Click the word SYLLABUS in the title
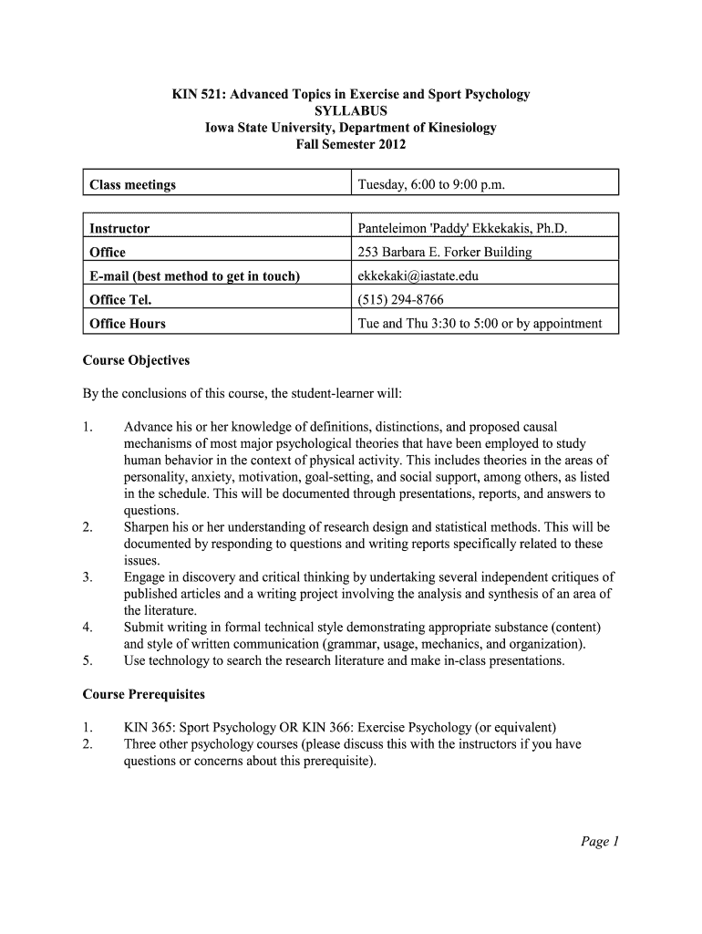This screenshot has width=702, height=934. (351, 111)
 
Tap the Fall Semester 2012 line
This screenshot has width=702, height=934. (351, 144)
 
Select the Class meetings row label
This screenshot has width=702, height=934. (132, 185)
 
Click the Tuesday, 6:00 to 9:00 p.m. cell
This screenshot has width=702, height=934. (431, 185)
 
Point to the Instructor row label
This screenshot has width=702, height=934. (119, 229)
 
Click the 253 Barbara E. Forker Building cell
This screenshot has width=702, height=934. (445, 253)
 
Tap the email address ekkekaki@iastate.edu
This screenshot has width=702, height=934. (418, 276)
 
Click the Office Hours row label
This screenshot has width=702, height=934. (128, 324)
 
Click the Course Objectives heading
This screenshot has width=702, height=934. (136, 360)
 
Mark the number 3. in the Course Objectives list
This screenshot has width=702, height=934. (88, 577)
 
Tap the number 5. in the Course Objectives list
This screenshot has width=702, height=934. (88, 660)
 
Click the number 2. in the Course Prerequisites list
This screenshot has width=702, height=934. (88, 744)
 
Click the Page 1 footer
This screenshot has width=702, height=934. (599, 842)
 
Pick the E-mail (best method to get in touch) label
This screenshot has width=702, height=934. (195, 276)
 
